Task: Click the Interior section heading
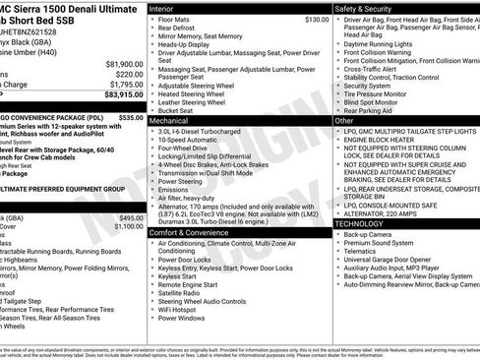click(162, 8)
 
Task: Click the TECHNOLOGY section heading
click(359, 223)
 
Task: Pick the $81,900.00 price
click(123, 64)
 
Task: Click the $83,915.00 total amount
click(122, 95)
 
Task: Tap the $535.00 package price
click(130, 116)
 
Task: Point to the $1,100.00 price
click(128, 226)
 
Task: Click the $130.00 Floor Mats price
click(317, 19)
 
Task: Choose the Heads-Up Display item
click(186, 44)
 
